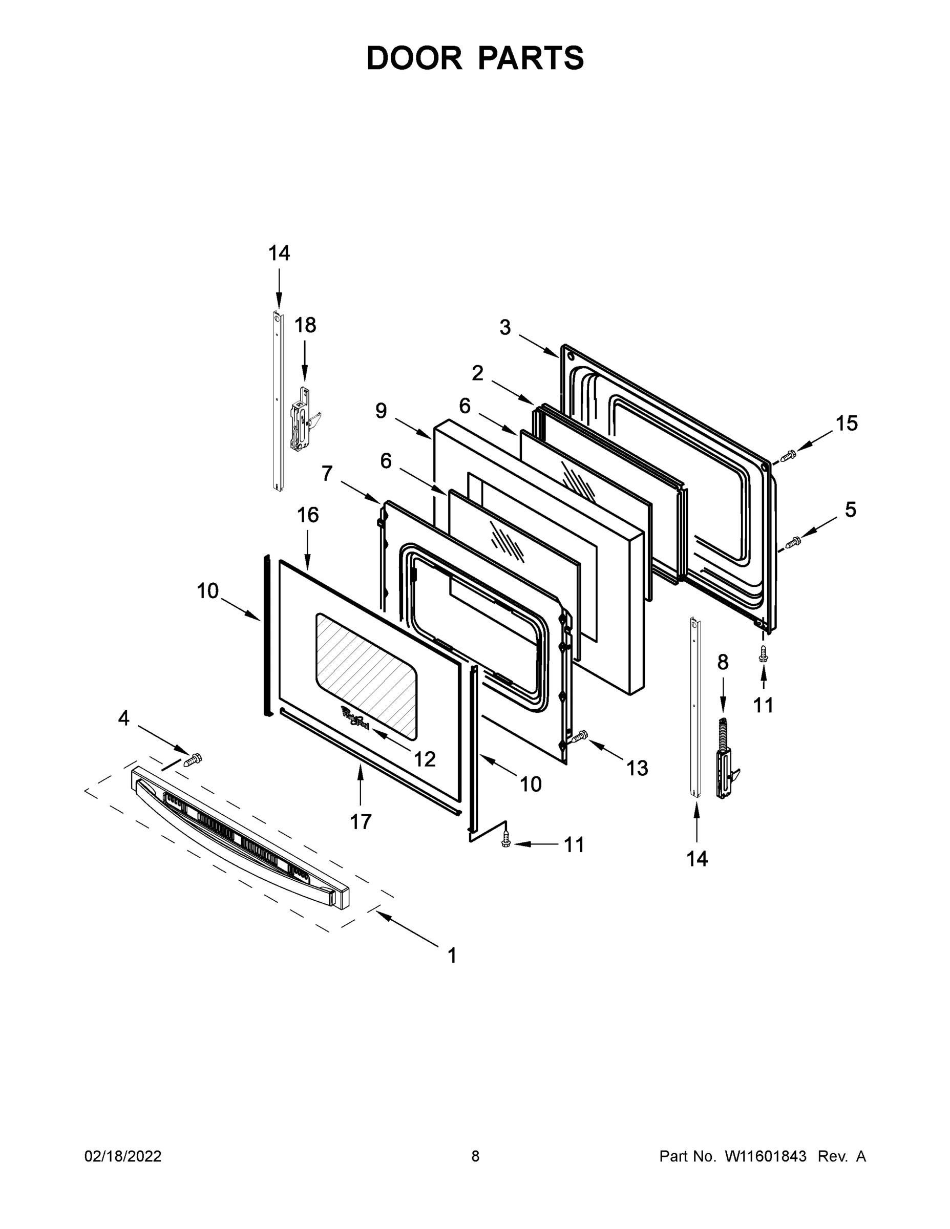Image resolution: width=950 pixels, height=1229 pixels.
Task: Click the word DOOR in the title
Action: pyautogui.click(x=414, y=58)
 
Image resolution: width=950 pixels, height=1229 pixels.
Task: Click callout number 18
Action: pyautogui.click(x=306, y=325)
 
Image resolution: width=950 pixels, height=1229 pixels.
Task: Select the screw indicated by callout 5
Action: pyautogui.click(x=792, y=542)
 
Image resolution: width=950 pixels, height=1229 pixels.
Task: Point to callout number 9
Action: pyautogui.click(x=381, y=411)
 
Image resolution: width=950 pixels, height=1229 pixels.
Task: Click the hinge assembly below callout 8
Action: pyautogui.click(x=726, y=760)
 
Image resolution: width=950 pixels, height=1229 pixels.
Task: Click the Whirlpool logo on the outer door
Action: pyautogui.click(x=354, y=719)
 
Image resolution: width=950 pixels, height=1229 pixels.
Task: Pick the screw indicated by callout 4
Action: pyautogui.click(x=193, y=760)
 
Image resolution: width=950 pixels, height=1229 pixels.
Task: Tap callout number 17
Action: pyautogui.click(x=361, y=821)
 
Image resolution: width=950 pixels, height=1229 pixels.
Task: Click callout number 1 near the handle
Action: pyautogui.click(x=452, y=955)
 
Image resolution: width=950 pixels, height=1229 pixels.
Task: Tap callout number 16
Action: pyautogui.click(x=308, y=515)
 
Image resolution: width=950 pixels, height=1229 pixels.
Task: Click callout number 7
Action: pyautogui.click(x=327, y=474)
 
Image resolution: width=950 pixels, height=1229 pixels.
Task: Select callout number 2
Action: pyautogui.click(x=477, y=373)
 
